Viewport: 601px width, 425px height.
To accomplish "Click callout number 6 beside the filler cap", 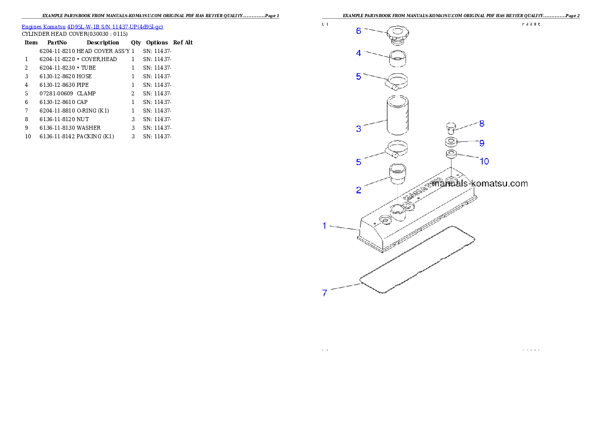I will click(359, 31).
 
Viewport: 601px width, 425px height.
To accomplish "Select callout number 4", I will click(359, 53).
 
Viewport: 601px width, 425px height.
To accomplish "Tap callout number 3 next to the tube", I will click(359, 129).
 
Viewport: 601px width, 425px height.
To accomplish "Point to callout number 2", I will click(359, 190).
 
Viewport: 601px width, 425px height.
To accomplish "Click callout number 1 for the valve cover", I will click(325, 226).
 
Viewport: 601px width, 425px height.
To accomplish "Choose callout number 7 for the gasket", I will click(325, 292).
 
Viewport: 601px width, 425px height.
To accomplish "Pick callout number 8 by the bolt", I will click(481, 123).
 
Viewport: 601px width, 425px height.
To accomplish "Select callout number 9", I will click(481, 143).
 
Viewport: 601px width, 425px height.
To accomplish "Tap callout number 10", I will click(484, 162).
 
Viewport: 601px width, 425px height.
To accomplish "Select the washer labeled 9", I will click(451, 141).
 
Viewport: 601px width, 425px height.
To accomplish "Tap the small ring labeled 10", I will click(451, 153).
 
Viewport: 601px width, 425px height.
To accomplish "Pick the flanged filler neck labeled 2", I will click(397, 174).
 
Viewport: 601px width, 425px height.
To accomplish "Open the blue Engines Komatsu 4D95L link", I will click(92, 26).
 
